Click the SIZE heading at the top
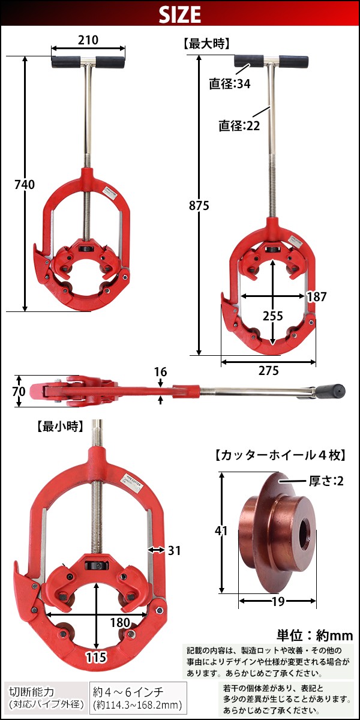click(179, 14)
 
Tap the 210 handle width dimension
click(88, 40)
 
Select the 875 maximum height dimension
click(198, 205)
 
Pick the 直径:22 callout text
click(239, 125)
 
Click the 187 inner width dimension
click(316, 296)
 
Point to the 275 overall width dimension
click(268, 371)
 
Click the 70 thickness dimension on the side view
click(19, 391)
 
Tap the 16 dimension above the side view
click(160, 372)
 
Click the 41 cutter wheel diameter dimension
click(223, 530)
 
